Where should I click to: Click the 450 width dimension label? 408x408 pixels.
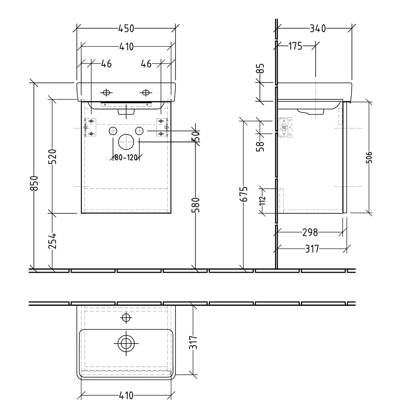(x=126, y=28)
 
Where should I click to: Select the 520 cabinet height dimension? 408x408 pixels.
(x=52, y=156)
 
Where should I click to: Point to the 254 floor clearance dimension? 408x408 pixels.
(x=52, y=241)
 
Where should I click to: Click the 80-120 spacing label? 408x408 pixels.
(x=126, y=157)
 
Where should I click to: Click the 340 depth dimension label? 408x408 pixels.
(x=318, y=28)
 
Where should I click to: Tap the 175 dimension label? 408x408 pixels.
(x=295, y=46)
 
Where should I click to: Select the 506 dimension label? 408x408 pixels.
(x=369, y=157)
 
